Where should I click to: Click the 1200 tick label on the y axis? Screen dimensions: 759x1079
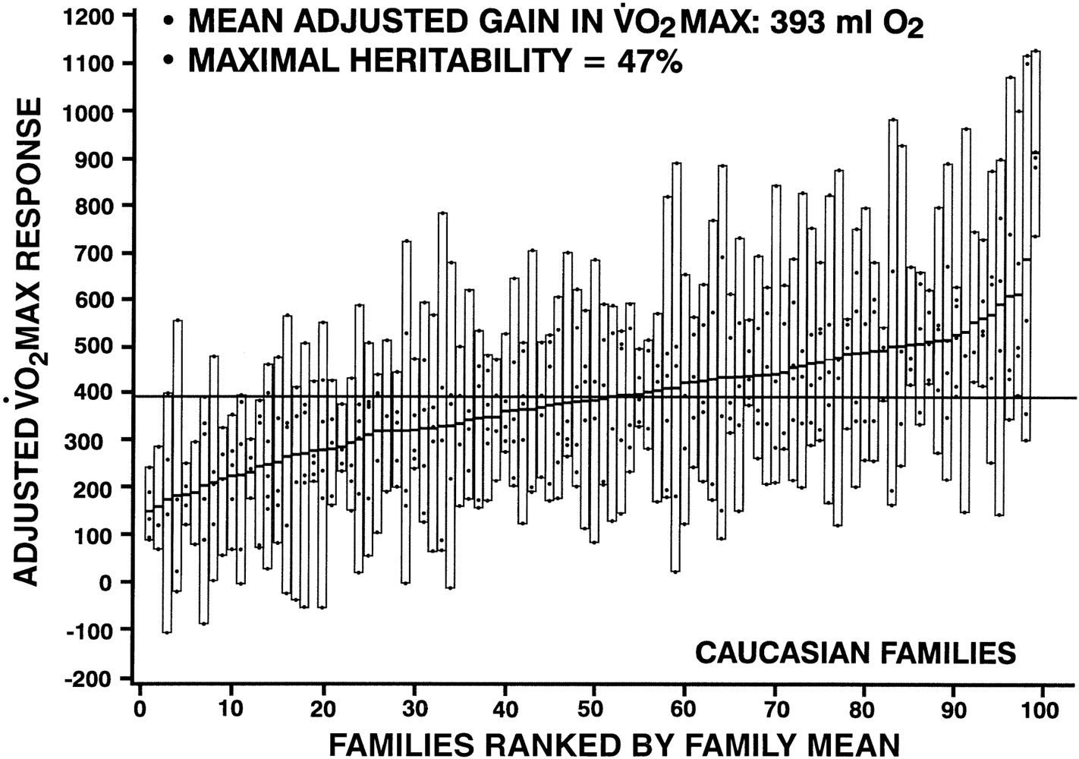tap(90, 16)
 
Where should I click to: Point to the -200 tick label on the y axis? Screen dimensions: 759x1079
tap(90, 678)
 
